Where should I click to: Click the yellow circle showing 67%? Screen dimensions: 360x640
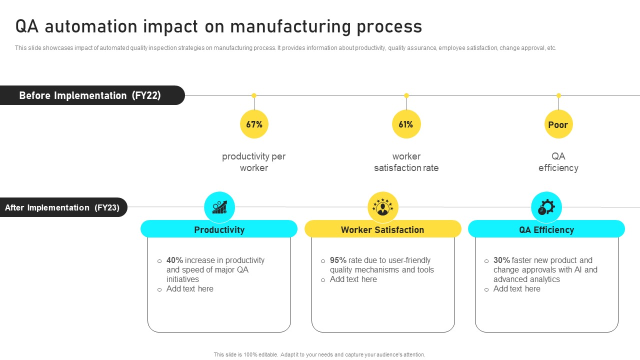point(254,124)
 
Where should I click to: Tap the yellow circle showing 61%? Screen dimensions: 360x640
point(406,124)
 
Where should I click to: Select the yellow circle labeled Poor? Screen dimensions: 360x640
point(558,124)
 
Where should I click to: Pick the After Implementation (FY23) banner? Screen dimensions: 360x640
point(63,207)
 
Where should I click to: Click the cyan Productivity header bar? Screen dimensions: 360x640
point(219,229)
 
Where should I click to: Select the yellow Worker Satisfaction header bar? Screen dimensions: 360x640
point(382,229)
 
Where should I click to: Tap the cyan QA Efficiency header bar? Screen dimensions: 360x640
point(546,229)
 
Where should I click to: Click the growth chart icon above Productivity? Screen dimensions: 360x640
point(219,207)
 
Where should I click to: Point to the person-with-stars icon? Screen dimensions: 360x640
point(383,207)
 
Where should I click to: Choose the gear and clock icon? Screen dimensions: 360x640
point(546,207)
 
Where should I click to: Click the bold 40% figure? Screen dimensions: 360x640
point(175,260)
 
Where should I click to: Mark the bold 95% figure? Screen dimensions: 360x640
point(338,260)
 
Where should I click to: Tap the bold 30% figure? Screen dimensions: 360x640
point(501,260)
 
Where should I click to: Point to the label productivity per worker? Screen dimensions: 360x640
point(254,162)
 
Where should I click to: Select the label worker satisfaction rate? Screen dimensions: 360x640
point(406,162)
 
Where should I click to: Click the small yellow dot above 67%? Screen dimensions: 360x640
point(254,95)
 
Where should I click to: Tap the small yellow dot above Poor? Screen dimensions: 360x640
point(558,95)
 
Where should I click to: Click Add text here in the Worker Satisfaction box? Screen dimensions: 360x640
point(353,279)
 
